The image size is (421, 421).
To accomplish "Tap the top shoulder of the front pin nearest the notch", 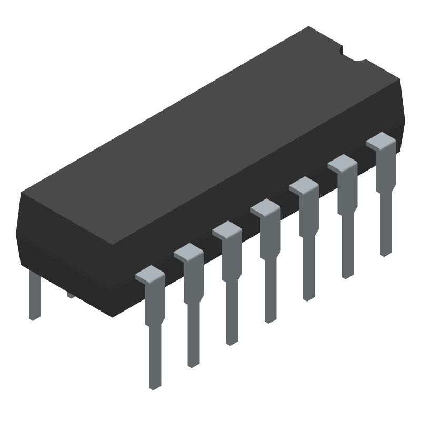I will pyautogui.click(x=380, y=141).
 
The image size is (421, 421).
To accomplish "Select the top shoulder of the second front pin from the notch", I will pyautogui.click(x=342, y=163).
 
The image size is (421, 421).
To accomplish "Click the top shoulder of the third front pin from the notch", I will pyautogui.click(x=304, y=186).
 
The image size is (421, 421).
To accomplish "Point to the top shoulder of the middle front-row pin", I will pyautogui.click(x=265, y=208).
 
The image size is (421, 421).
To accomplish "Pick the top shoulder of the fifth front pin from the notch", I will pyautogui.click(x=227, y=230).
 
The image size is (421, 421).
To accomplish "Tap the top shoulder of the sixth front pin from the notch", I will pyautogui.click(x=188, y=253).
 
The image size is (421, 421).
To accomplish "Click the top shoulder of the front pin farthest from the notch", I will pyautogui.click(x=150, y=275).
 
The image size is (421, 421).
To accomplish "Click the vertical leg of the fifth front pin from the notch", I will pyautogui.click(x=232, y=316).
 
